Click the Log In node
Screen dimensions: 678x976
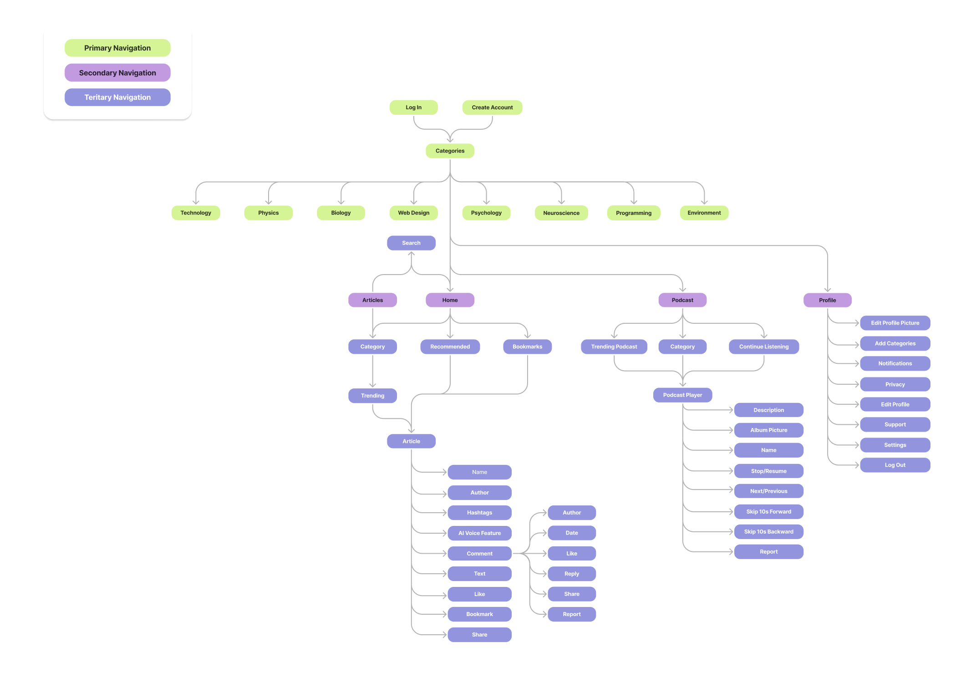tap(413, 107)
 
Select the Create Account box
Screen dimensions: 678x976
tap(492, 107)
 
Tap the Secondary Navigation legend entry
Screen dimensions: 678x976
tap(117, 73)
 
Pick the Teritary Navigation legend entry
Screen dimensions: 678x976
tap(117, 97)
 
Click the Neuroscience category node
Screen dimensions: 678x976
tap(561, 213)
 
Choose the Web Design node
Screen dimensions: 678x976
tap(413, 213)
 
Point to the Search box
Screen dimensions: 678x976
tap(411, 243)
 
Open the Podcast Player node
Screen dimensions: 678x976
tap(682, 395)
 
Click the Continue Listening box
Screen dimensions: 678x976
tap(763, 347)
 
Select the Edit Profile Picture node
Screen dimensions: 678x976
tap(895, 323)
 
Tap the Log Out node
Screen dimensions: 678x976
tap(895, 465)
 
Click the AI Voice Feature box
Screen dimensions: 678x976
tap(479, 533)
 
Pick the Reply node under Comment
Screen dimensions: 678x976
tap(571, 574)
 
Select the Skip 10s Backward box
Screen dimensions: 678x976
tap(768, 531)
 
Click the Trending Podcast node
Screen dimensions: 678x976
tap(614, 347)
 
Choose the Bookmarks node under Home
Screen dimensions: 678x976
tap(527, 347)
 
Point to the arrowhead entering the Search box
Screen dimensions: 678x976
tap(411, 254)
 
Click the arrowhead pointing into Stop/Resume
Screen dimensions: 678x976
tap(731, 471)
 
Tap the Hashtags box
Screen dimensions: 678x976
tap(479, 512)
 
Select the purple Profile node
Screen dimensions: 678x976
tap(827, 300)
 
